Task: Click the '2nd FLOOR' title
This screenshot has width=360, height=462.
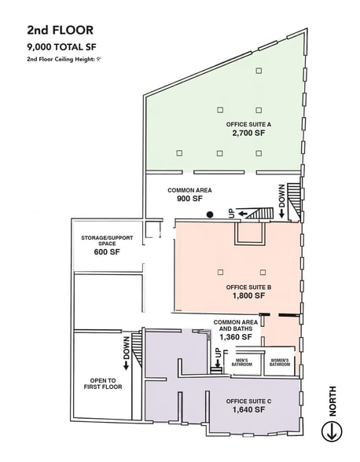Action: click(61, 31)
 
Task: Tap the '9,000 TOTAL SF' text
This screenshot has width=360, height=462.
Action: click(61, 47)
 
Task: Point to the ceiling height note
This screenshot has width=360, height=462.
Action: click(64, 59)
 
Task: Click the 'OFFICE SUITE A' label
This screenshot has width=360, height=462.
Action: click(248, 125)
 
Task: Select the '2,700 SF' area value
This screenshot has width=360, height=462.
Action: click(248, 134)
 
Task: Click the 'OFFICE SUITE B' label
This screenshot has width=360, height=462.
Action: click(248, 288)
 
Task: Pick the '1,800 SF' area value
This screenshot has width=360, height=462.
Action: click(248, 295)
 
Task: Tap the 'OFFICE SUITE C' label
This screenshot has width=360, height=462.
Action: click(248, 401)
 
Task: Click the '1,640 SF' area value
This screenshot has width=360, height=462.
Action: click(248, 409)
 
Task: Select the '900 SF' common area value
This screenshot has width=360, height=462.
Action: click(189, 199)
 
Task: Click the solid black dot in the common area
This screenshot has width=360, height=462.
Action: click(210, 214)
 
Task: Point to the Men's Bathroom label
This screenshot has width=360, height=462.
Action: click(242, 362)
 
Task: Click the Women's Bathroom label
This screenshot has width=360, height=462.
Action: click(280, 362)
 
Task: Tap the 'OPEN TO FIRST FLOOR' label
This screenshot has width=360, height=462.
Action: click(103, 383)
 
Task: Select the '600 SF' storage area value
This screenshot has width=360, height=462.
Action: click(107, 252)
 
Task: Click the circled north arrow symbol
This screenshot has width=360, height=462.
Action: click(332, 431)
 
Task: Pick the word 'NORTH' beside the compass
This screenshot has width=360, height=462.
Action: click(332, 401)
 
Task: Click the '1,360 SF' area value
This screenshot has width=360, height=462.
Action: click(236, 337)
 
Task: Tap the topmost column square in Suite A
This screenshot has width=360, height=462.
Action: click(259, 71)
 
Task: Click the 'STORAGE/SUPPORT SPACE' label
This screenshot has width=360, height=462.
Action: click(107, 240)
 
